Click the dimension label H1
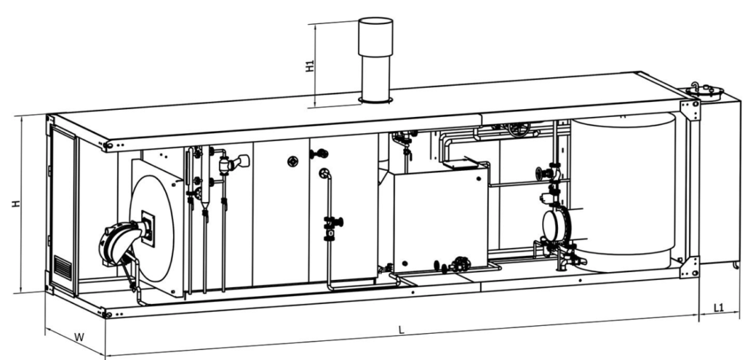tap(310, 65)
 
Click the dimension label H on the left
tap(16, 203)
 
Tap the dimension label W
tap(79, 337)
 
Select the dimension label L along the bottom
tap(402, 329)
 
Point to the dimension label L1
tap(719, 308)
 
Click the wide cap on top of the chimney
tap(375, 37)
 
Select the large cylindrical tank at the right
tap(623, 192)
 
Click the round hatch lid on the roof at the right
tap(704, 90)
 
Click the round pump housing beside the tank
tap(553, 225)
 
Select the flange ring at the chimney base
tap(375, 100)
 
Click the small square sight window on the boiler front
tap(148, 228)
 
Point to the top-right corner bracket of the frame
tap(690, 110)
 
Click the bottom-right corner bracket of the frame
tap(690, 268)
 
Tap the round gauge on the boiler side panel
tap(293, 161)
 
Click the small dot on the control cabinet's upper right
tap(479, 179)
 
